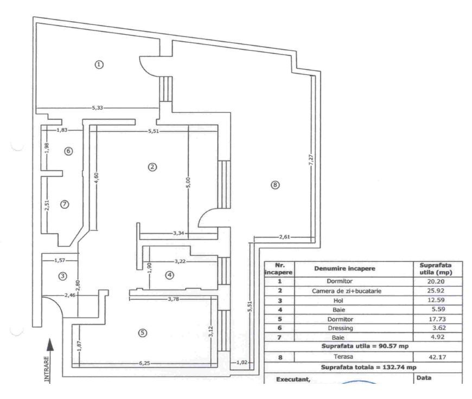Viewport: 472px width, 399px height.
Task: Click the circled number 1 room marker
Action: (x=99, y=64)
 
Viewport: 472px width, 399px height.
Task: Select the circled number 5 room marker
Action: (x=143, y=333)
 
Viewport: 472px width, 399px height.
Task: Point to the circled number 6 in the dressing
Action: (x=68, y=151)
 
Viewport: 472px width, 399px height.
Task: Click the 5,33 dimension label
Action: (x=98, y=108)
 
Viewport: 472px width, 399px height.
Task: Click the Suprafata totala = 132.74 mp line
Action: (x=362, y=368)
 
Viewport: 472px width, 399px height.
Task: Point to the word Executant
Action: (x=294, y=379)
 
